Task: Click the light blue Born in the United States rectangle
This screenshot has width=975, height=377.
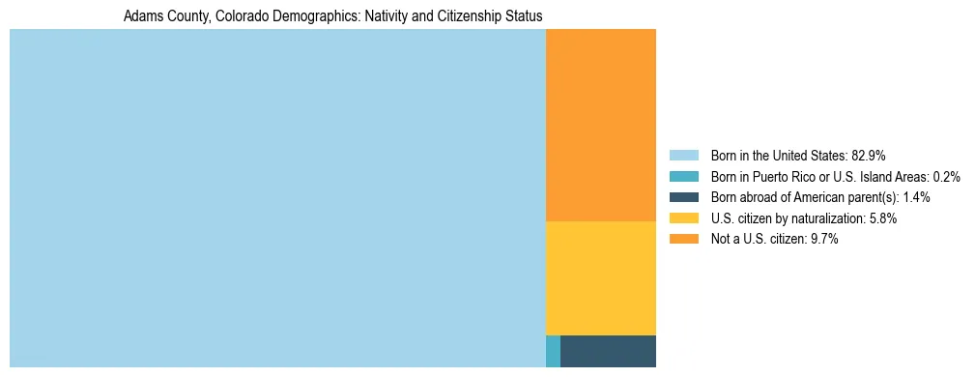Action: (x=277, y=198)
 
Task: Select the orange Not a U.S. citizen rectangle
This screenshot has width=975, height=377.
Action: (x=601, y=125)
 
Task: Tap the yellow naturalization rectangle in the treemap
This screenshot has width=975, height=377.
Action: (x=601, y=278)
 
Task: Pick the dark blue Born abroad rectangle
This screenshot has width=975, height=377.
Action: (x=608, y=351)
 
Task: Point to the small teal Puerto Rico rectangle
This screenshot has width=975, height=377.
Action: (x=553, y=351)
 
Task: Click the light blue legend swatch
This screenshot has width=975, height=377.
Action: (x=683, y=156)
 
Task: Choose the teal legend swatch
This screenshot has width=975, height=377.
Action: (x=683, y=177)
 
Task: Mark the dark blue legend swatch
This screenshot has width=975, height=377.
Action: (x=683, y=197)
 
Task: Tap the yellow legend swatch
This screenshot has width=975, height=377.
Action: (x=683, y=218)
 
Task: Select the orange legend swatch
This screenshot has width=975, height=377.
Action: (x=683, y=239)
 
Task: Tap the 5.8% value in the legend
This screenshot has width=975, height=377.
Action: (x=882, y=218)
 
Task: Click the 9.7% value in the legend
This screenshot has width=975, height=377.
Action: (x=823, y=239)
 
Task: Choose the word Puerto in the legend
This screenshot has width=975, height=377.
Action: (x=771, y=177)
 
